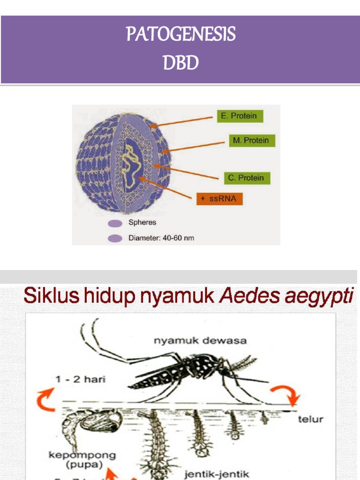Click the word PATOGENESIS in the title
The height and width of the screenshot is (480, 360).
(x=180, y=35)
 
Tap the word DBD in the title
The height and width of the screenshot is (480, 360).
(x=180, y=62)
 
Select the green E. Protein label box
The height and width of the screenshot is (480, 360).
(x=240, y=116)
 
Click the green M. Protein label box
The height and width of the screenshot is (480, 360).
(x=252, y=140)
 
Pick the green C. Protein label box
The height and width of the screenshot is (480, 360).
(x=246, y=178)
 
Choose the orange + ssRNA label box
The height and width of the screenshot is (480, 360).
(x=219, y=199)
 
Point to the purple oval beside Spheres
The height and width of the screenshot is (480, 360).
(x=115, y=223)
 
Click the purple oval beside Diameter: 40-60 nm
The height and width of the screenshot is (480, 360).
(x=115, y=238)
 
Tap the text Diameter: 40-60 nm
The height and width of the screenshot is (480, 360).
(x=161, y=238)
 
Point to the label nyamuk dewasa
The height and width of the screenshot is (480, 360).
(x=200, y=341)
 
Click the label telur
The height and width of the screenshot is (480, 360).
(x=310, y=419)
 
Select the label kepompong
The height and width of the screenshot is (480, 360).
(x=82, y=455)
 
